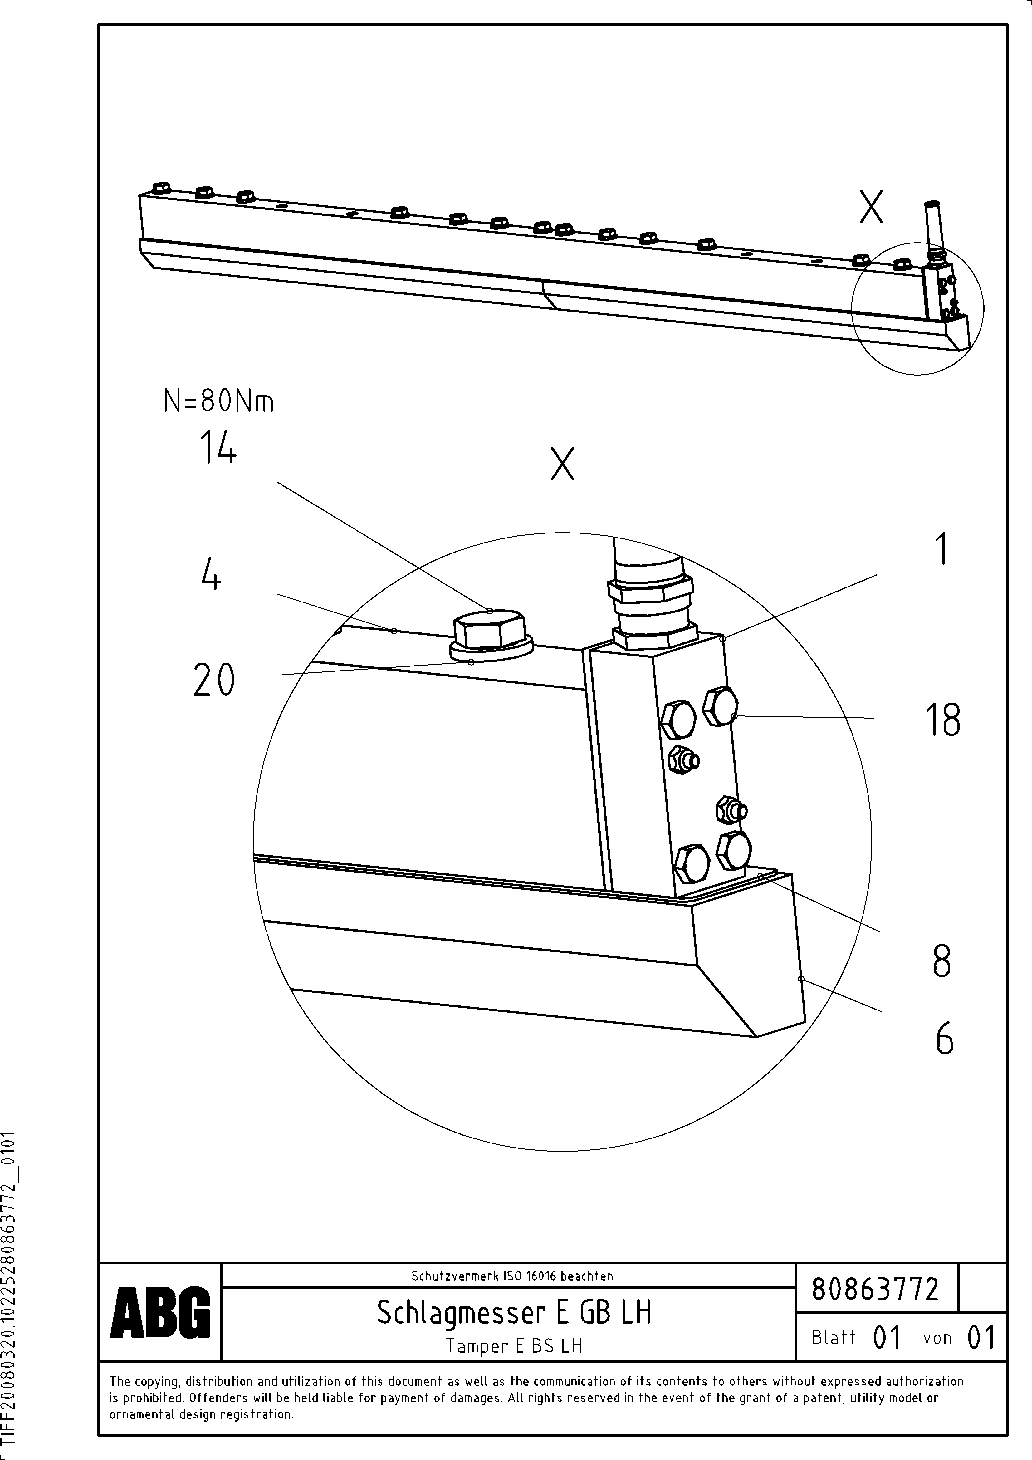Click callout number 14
click(218, 447)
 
